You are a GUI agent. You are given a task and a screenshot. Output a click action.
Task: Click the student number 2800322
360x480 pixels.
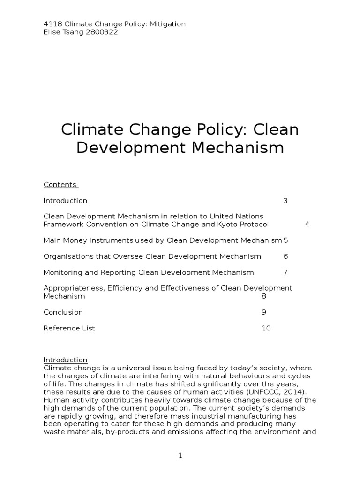pos(101,32)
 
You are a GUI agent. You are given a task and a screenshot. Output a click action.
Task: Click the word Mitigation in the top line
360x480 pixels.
pos(167,24)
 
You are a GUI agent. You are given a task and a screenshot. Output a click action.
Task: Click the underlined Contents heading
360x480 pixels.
pos(60,185)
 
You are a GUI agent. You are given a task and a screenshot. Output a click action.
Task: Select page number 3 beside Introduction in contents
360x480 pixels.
pos(285,201)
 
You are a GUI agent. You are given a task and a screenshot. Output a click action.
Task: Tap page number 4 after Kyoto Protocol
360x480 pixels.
pos(307,225)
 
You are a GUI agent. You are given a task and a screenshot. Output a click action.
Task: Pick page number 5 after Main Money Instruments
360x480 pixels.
pos(285,240)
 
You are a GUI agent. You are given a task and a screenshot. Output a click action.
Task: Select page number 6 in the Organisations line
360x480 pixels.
pos(285,256)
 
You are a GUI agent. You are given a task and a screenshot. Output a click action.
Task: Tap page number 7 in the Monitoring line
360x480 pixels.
pos(285,272)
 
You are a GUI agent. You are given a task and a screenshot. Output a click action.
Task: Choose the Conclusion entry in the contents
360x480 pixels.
pos(63,312)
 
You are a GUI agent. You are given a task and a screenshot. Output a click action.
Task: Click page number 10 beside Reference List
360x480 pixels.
pos(266,328)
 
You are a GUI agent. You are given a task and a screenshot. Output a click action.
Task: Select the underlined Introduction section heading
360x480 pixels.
pos(65,360)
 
